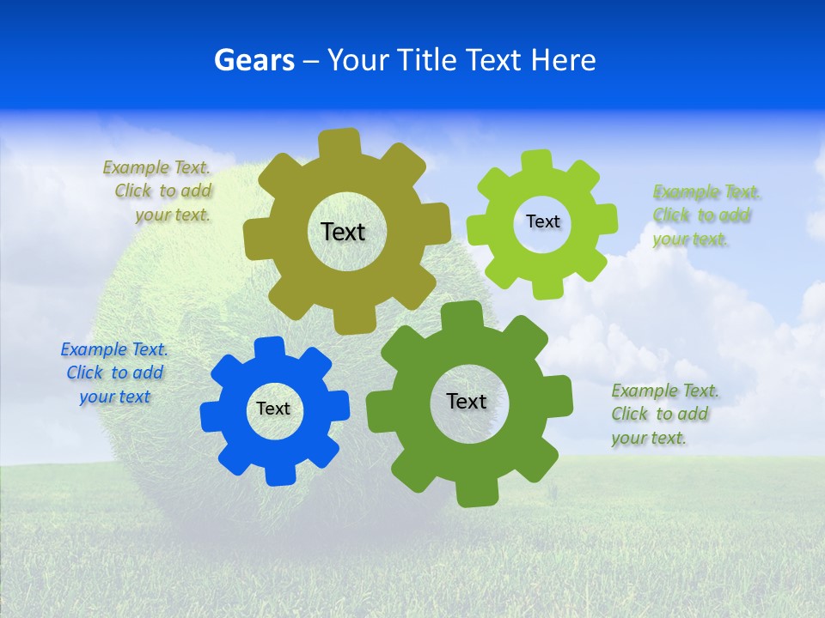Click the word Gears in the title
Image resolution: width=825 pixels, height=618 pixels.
coord(254,60)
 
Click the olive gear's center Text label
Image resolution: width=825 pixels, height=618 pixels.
coord(343,232)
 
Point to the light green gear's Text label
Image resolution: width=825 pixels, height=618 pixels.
coord(542,221)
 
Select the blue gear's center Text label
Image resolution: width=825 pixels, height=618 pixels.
coord(273,409)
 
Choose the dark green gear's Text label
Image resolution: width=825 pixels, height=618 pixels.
coord(467,401)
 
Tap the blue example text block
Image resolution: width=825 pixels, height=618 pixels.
coord(114,373)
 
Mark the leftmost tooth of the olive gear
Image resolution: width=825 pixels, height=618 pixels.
coord(255,239)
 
